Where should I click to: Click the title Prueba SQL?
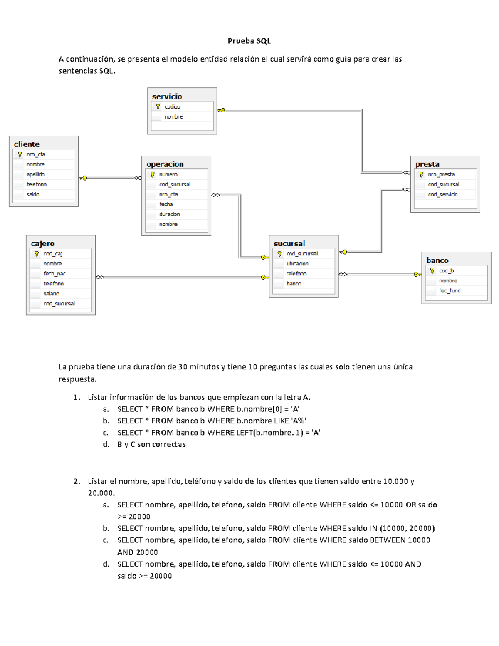point(249,41)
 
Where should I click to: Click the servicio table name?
point(167,97)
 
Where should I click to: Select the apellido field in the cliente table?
point(35,174)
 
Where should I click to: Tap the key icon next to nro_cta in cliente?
point(20,154)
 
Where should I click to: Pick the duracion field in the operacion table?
point(169,214)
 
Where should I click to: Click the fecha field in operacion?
point(166,204)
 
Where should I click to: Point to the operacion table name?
point(165,164)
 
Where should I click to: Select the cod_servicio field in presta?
point(442,194)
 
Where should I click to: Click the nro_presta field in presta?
point(441,174)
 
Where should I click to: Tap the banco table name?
point(437,260)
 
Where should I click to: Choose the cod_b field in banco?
point(446,271)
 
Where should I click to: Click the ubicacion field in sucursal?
point(297,264)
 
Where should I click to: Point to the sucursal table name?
point(289,244)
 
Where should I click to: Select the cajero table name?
point(43,244)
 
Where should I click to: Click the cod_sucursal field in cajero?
point(59,304)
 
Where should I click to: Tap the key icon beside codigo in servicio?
point(158,107)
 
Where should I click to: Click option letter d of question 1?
point(106,444)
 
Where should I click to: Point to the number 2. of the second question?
point(77,481)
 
